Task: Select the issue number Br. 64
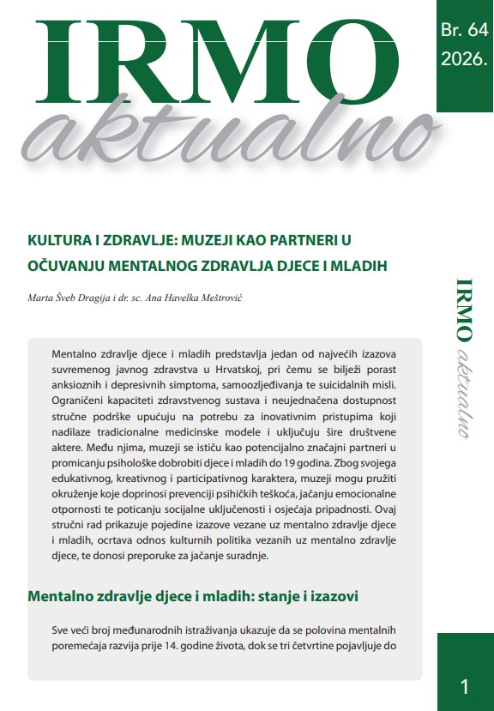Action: (464, 29)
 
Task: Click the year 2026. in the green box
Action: (464, 59)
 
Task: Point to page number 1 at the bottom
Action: (464, 686)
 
